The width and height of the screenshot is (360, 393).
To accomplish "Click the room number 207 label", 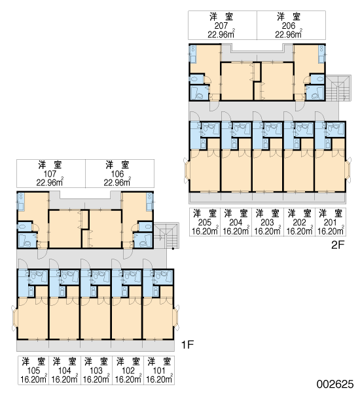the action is (221, 26).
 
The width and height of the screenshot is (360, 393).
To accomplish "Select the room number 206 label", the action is (289, 26).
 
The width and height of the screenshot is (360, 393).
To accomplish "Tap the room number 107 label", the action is (50, 174).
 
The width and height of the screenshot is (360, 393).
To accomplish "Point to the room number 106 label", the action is (117, 174).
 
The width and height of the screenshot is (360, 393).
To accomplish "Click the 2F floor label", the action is (338, 245).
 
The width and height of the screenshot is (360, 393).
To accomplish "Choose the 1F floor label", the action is (187, 345).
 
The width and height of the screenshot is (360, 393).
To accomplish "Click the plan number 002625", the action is (335, 384).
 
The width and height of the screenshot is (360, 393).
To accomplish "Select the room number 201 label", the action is (330, 222).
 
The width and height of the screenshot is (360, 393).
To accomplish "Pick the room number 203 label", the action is (267, 222).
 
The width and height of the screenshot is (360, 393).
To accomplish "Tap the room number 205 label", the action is (205, 222).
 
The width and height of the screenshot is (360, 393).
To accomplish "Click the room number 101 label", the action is (159, 370).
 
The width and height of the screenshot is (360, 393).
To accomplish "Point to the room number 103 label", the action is (96, 370).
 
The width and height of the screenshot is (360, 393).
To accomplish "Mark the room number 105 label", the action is (33, 370).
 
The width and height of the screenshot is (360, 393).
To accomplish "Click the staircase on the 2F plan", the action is (338, 88).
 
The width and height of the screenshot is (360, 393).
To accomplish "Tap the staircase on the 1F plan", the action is (167, 236).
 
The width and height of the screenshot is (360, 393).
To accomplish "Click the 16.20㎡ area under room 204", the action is (236, 231).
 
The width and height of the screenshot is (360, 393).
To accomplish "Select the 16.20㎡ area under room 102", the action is (128, 379).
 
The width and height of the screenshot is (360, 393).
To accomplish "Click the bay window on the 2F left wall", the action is (187, 170).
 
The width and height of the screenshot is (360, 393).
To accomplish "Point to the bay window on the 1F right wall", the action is (177, 318).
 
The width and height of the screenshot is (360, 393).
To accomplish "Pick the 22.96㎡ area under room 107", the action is (50, 182).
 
